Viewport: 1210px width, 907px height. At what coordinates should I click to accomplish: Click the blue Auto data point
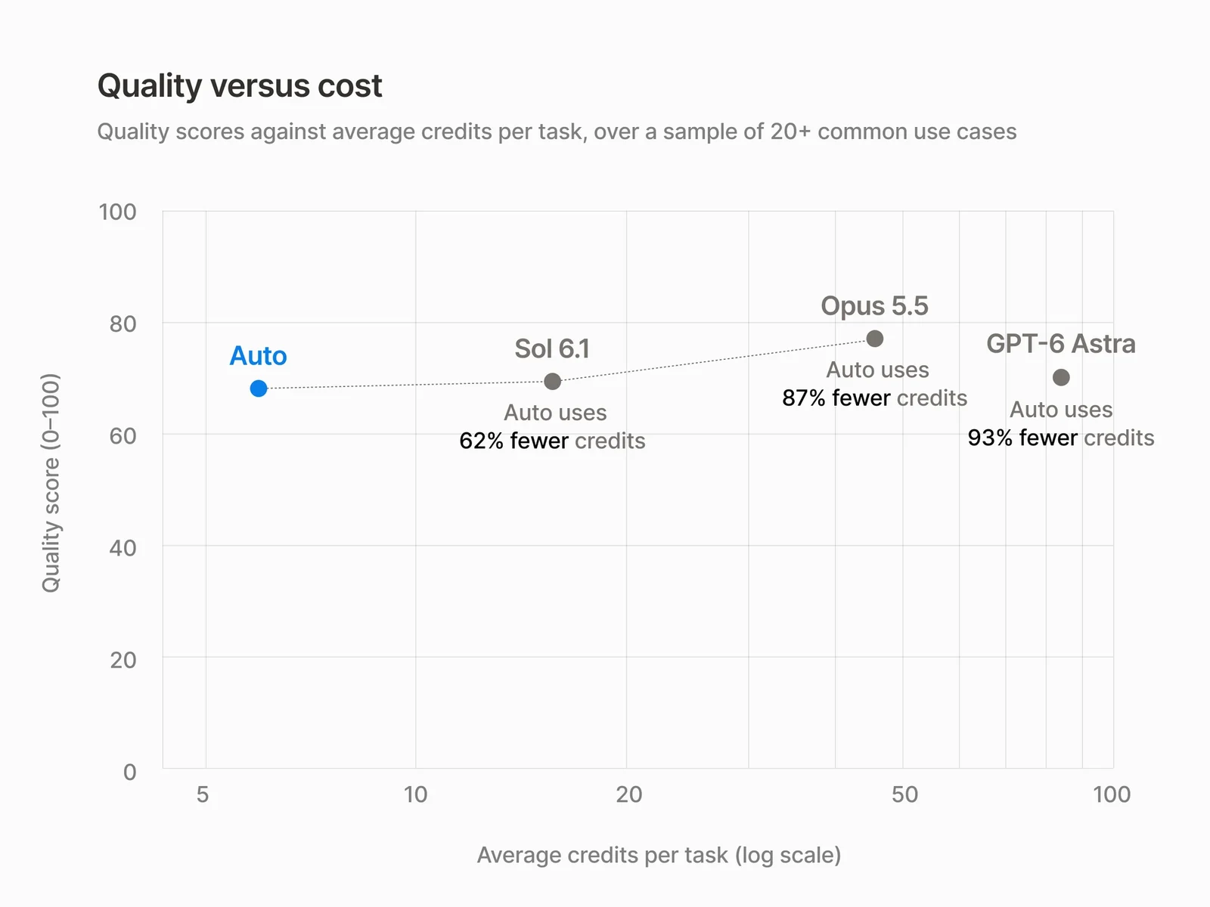pyautogui.click(x=259, y=388)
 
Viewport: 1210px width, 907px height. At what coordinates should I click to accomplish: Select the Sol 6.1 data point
pyautogui.click(x=552, y=381)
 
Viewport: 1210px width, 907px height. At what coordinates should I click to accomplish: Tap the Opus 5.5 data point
pyautogui.click(x=875, y=338)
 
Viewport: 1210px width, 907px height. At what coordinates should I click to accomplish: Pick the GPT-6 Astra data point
pyautogui.click(x=1061, y=377)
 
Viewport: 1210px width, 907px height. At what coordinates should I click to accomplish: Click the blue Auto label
pyautogui.click(x=258, y=356)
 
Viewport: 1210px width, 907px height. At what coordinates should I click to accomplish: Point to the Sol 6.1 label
pyautogui.click(x=552, y=348)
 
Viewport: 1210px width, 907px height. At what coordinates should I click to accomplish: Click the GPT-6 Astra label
pyautogui.click(x=1061, y=344)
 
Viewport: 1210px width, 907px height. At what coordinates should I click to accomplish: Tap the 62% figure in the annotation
pyautogui.click(x=481, y=441)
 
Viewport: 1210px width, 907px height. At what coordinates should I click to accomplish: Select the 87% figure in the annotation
pyautogui.click(x=804, y=398)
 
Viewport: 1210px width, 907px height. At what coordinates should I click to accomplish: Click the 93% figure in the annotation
pyautogui.click(x=990, y=438)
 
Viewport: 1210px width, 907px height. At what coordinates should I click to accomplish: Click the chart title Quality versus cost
pyautogui.click(x=240, y=86)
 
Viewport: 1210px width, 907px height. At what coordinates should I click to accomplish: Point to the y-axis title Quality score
pyautogui.click(x=51, y=483)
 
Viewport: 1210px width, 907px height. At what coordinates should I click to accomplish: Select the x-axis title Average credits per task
pyautogui.click(x=659, y=856)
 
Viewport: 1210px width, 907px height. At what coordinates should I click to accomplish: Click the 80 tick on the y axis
pyautogui.click(x=123, y=323)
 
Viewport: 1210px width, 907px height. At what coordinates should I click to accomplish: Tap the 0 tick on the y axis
pyautogui.click(x=130, y=772)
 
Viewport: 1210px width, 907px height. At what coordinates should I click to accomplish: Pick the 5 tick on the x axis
pyautogui.click(x=203, y=794)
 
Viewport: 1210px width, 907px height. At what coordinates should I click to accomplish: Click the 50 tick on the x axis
pyautogui.click(x=904, y=794)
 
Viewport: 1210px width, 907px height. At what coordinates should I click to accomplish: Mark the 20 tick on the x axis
pyautogui.click(x=629, y=794)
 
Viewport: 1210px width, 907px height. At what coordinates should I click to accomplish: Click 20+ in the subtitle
pyautogui.click(x=790, y=132)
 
